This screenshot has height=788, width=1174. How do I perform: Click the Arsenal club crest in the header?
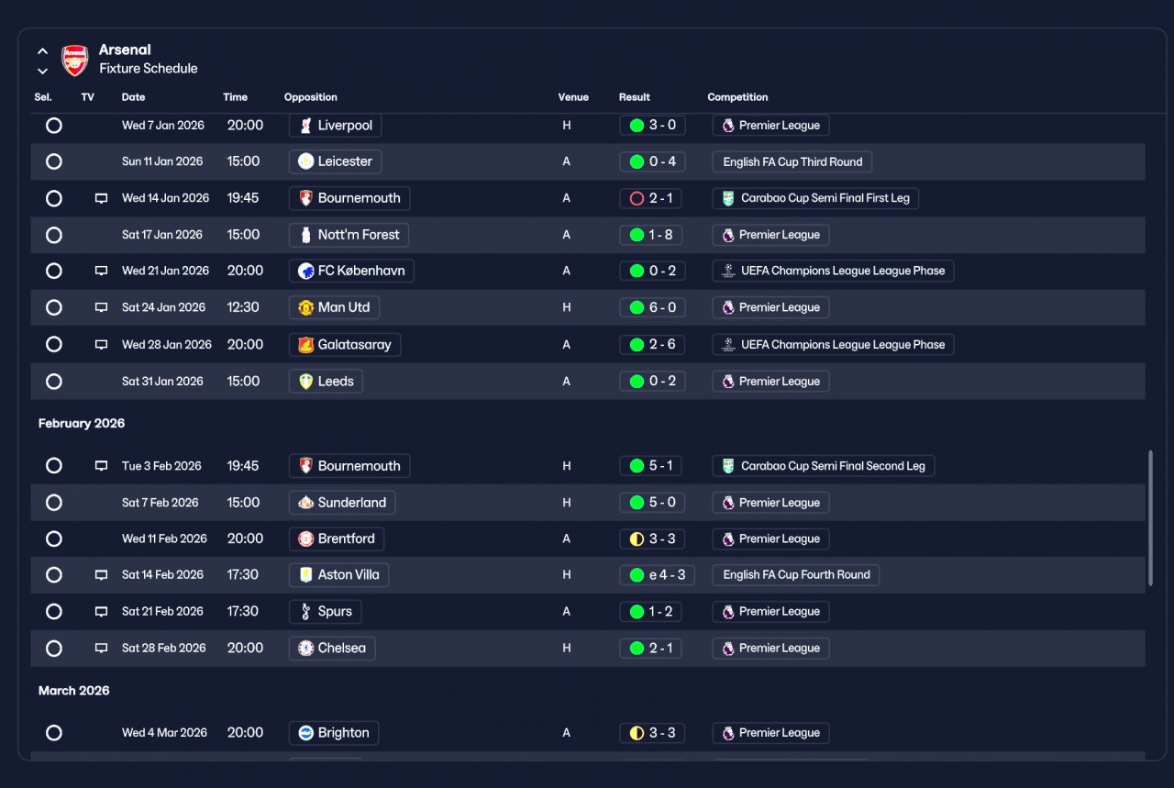coord(75,60)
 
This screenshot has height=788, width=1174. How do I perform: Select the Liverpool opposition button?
coord(335,126)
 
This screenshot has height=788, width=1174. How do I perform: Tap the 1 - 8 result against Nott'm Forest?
coord(650,235)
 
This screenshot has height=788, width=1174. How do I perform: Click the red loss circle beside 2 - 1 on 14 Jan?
coord(637,199)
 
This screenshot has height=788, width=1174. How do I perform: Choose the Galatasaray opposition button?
coord(345,344)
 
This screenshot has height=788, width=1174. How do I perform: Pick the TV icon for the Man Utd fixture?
coord(101,307)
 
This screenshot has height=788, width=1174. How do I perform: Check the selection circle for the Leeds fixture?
coord(54,381)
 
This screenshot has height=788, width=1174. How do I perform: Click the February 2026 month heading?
coord(82,423)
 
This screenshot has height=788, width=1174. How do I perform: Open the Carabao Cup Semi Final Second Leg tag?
coord(823,466)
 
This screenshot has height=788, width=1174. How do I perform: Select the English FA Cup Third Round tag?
coord(792,162)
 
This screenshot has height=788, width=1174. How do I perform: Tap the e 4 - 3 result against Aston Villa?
coord(657,574)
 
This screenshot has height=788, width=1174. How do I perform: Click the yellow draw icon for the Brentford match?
coord(637,539)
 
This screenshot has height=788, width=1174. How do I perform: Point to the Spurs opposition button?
coord(325,611)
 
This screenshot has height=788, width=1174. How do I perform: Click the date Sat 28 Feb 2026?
coord(163,648)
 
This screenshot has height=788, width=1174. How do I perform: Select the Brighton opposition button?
coord(334,732)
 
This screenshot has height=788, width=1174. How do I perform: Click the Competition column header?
coord(737,97)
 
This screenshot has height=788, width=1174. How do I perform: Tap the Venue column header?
coord(573,97)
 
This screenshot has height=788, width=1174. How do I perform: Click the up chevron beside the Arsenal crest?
coord(42,51)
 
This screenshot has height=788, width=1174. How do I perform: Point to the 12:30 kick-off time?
coord(243,307)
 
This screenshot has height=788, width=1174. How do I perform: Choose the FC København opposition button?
coord(351,271)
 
